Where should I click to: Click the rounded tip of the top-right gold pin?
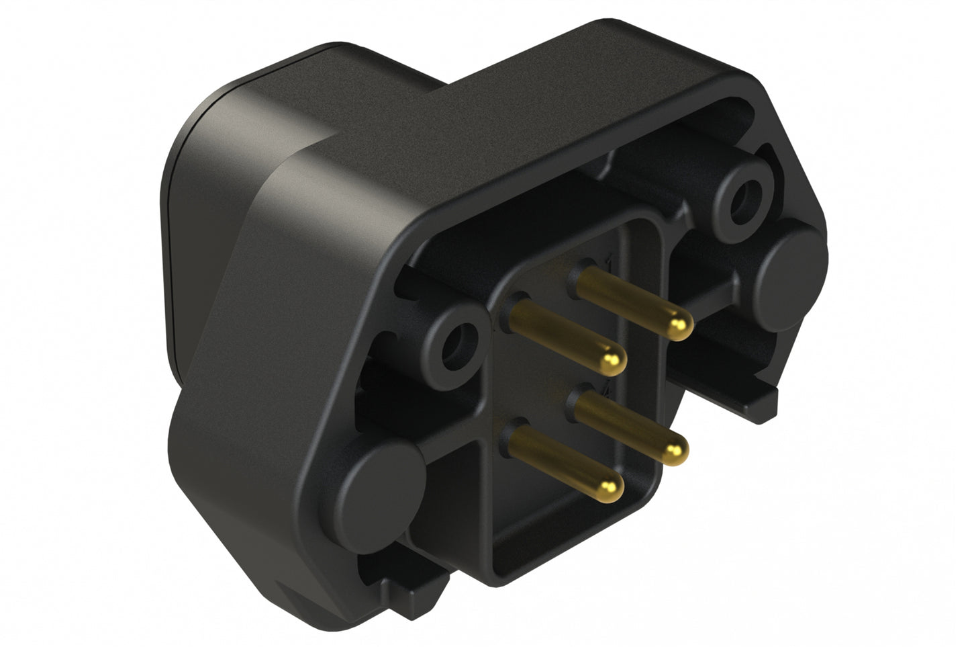(x=679, y=328)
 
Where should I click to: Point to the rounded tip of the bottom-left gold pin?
(x=610, y=484)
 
